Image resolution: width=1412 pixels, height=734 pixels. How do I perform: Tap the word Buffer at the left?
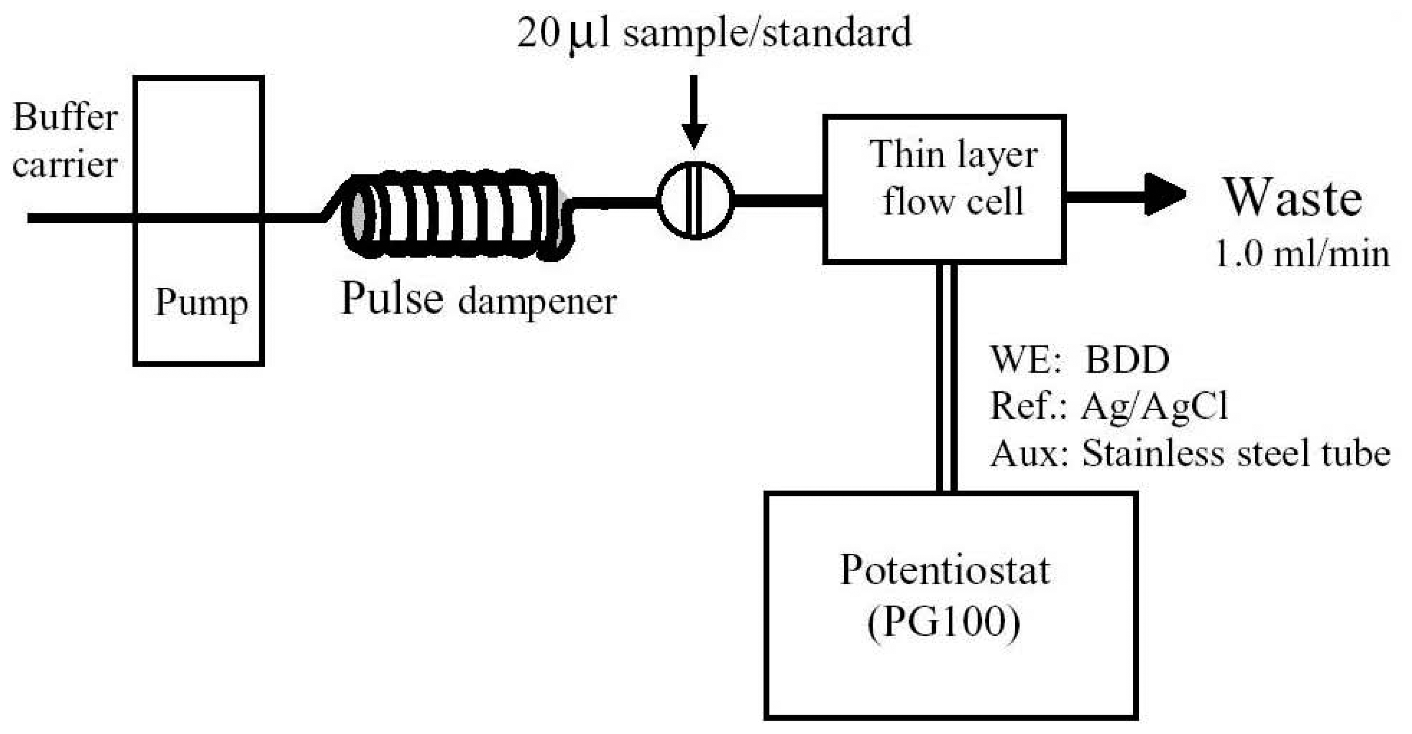[x=65, y=117]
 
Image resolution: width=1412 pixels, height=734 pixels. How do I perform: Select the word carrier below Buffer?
[x=65, y=165]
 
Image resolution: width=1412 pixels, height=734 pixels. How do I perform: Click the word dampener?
[x=537, y=302]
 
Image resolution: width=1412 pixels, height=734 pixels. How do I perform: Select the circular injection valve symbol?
[x=695, y=200]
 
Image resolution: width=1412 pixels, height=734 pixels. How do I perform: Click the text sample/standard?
[x=767, y=33]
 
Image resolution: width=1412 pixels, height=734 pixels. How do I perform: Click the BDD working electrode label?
[x=1127, y=360]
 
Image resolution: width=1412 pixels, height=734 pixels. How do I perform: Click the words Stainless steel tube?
[x=1236, y=454]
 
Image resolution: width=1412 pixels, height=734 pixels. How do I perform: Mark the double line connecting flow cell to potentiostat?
[x=946, y=378]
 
